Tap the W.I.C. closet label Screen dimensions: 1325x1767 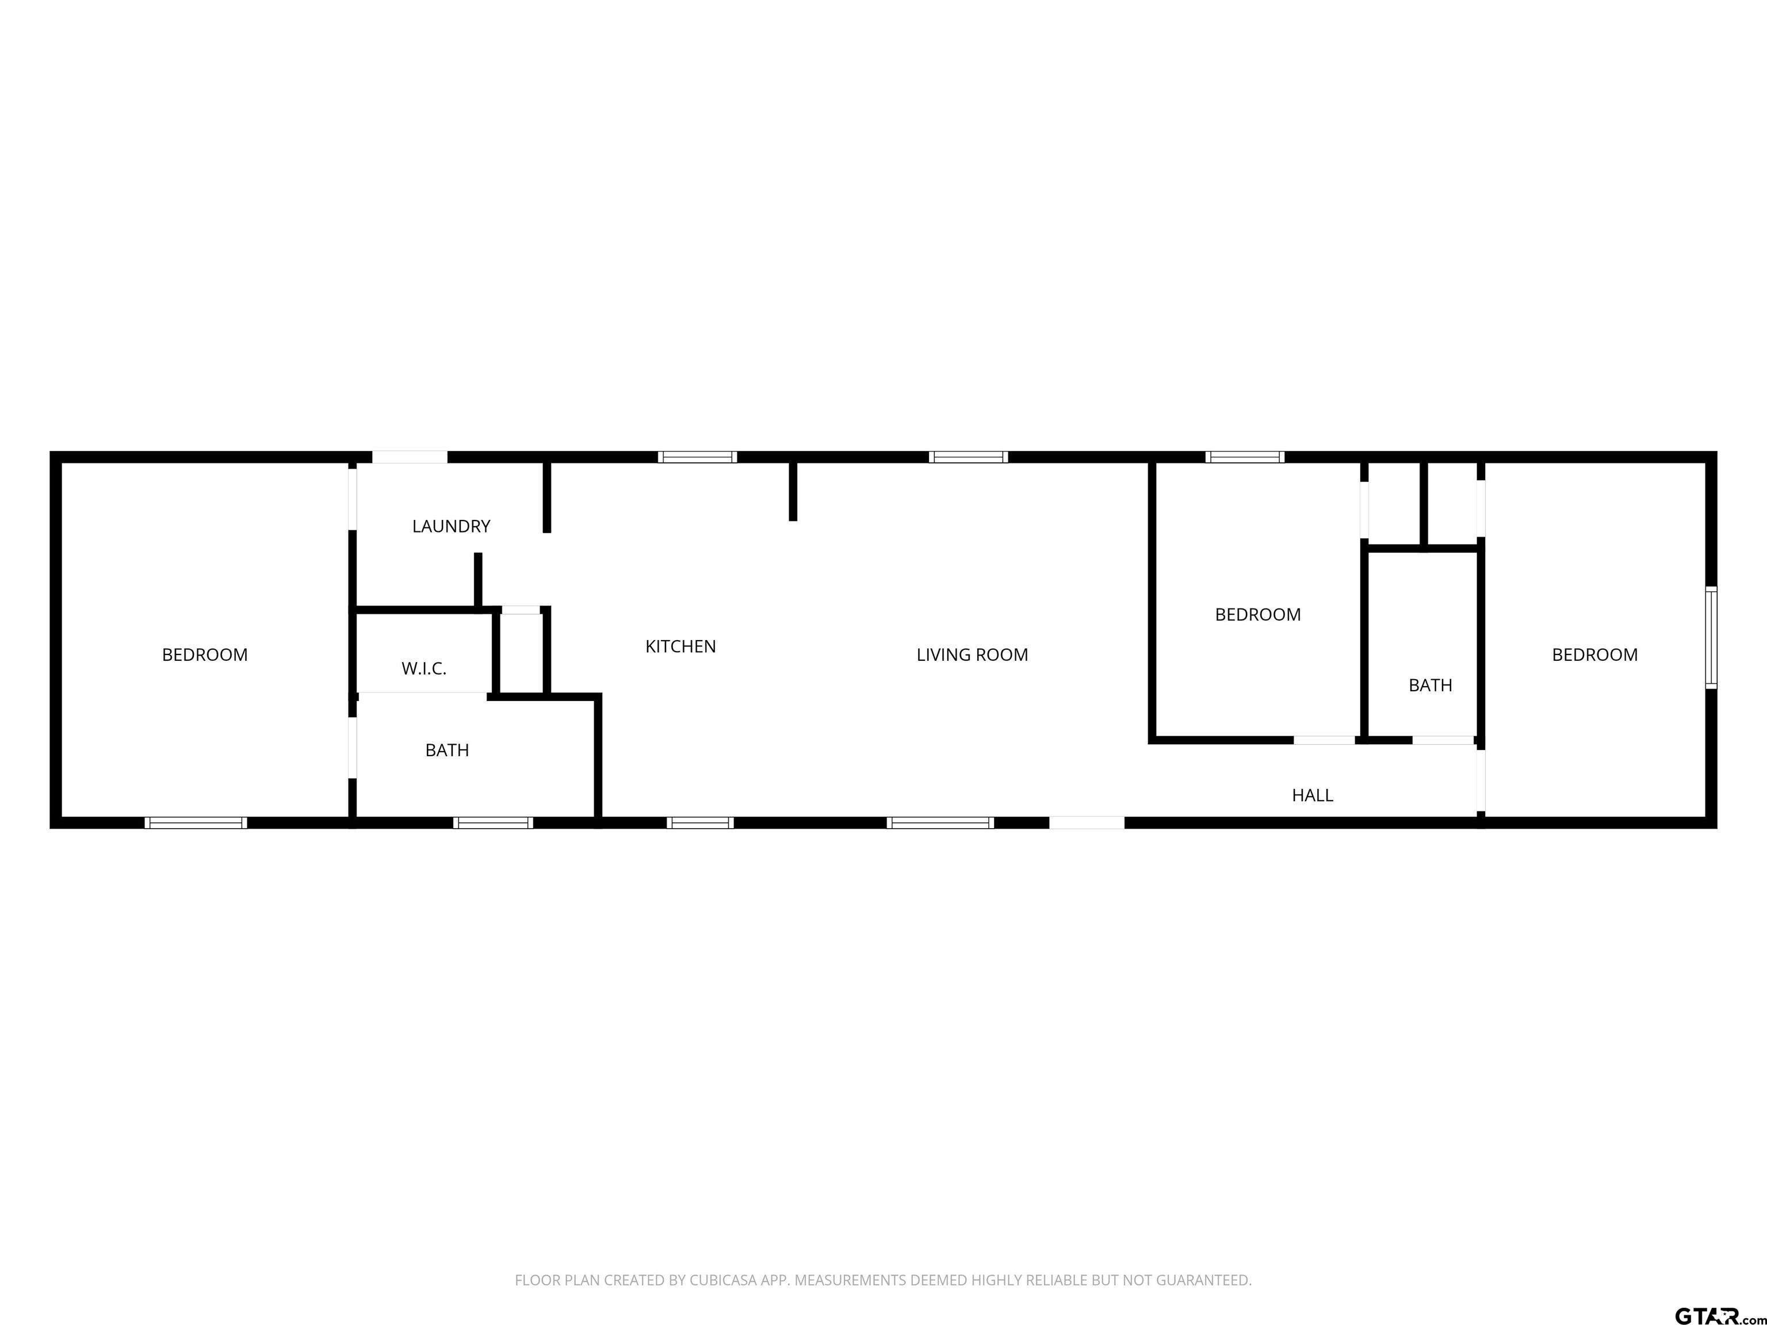coord(423,668)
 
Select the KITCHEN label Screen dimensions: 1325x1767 coord(680,646)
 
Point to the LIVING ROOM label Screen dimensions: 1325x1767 coord(972,655)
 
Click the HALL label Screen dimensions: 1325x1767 coord(1313,795)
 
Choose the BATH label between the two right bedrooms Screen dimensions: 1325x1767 coord(1430,686)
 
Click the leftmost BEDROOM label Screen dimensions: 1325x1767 coord(205,655)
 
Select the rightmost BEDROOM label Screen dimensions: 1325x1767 coord(1594,655)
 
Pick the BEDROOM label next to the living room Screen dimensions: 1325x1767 coord(1257,614)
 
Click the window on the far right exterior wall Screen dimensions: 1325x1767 coord(1710,637)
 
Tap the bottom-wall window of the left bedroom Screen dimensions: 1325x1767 coord(196,822)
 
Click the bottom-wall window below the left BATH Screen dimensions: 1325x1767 coord(493,822)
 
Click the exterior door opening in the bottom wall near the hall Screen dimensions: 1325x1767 coord(1087,822)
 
